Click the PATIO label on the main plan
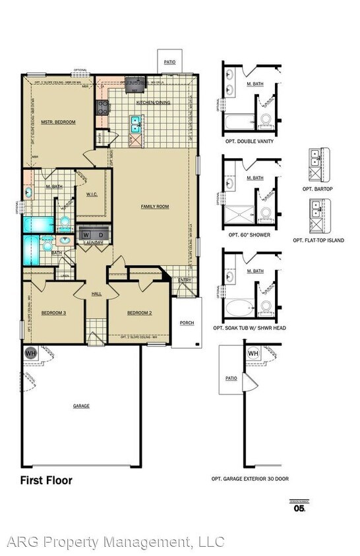pos(170,62)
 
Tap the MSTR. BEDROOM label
pos(58,122)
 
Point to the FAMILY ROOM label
pos(155,206)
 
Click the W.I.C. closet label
pos(92,194)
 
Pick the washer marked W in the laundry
pos(86,235)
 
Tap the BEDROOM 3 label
pos(53,312)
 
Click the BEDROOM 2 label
pos(140,312)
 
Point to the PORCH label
pos(187,323)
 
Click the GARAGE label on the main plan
pos(81,406)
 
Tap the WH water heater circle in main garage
pos(30,353)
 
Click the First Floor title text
pos(46,480)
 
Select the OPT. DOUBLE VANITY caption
pos(251,141)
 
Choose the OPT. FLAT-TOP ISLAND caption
pos(317,240)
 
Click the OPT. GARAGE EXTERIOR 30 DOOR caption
pos(250,479)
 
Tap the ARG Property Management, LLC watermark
pos(115,542)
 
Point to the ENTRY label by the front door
pos(185,281)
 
